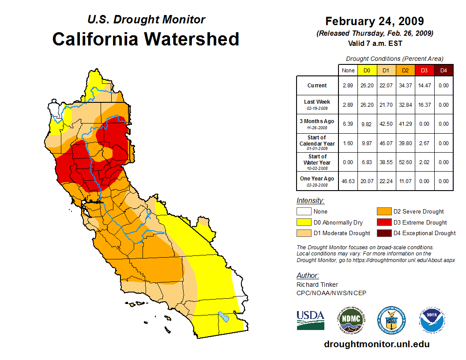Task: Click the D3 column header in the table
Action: pyautogui.click(x=424, y=70)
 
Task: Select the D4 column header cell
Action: pyautogui.click(x=443, y=70)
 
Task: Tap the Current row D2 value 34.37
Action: pyautogui.click(x=405, y=86)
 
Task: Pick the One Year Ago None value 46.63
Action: pyautogui.click(x=348, y=181)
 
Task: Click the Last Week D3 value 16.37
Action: pyautogui.click(x=424, y=105)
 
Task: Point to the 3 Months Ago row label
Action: pyautogui.click(x=317, y=124)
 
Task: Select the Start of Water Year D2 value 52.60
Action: pyautogui.click(x=405, y=162)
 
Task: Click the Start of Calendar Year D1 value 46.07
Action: pyautogui.click(x=386, y=143)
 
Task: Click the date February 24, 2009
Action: pyautogui.click(x=375, y=21)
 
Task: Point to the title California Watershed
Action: pyautogui.click(x=146, y=39)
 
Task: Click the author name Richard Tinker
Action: pyautogui.click(x=317, y=285)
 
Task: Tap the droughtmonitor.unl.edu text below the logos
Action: pyautogui.click(x=376, y=344)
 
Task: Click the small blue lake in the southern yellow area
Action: pyautogui.click(x=224, y=317)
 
